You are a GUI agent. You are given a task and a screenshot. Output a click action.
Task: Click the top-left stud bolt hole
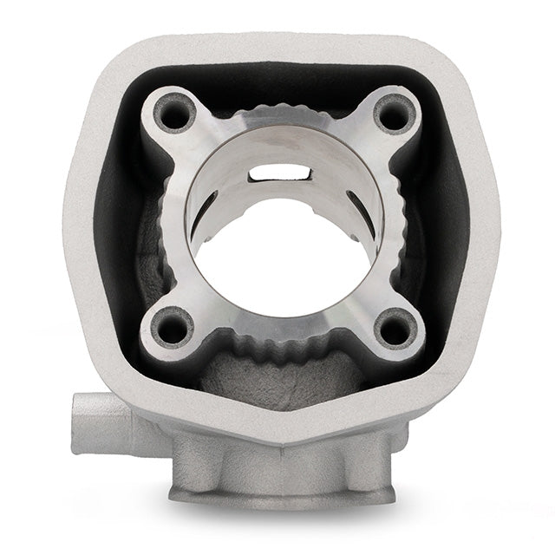point(173,113)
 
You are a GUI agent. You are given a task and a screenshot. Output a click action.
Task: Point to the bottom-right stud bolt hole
point(394,328)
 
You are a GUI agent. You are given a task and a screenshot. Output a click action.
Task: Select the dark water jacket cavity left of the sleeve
point(117,217)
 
